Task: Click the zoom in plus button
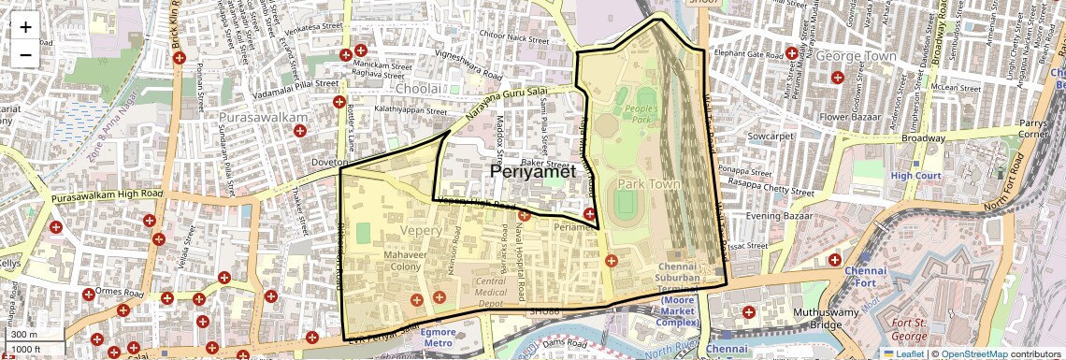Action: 25,27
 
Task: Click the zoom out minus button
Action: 25,54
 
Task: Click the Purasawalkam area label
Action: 263,119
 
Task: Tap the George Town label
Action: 856,57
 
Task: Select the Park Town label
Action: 648,184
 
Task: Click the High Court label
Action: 914,175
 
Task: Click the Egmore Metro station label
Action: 437,337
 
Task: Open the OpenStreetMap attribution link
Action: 973,353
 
